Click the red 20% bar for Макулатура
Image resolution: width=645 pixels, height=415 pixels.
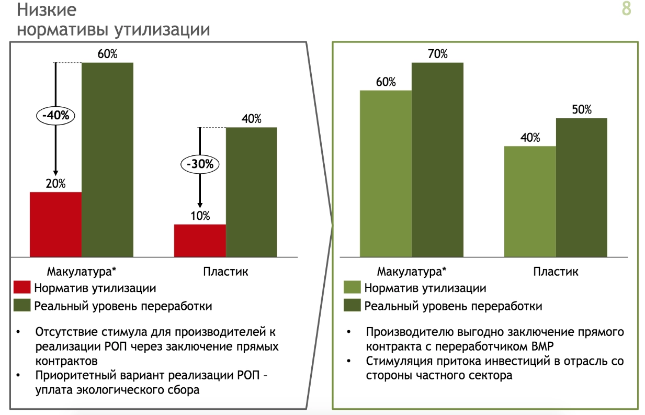point(55,224)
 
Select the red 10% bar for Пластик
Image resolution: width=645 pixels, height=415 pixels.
point(200,240)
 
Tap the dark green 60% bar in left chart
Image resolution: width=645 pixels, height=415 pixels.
point(107,159)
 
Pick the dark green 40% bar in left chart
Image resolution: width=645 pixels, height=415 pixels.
point(251,192)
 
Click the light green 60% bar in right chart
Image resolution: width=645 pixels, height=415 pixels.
point(386,173)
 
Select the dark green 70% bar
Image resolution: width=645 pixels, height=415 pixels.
point(437,159)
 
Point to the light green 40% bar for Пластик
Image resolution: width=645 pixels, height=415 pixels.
point(530,201)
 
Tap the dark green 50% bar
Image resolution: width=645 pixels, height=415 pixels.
point(581,187)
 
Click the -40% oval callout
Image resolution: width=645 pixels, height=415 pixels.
point(55,115)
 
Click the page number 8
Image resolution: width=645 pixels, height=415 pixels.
point(626,10)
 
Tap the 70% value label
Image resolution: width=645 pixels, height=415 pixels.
point(437,54)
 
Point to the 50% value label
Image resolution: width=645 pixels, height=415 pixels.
point(581,110)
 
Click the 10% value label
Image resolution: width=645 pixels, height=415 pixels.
point(200,216)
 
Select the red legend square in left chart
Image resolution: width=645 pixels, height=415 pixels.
point(22,288)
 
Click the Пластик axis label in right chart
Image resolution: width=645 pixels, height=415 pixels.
point(556,272)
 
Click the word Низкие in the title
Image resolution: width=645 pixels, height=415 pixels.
point(47,10)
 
